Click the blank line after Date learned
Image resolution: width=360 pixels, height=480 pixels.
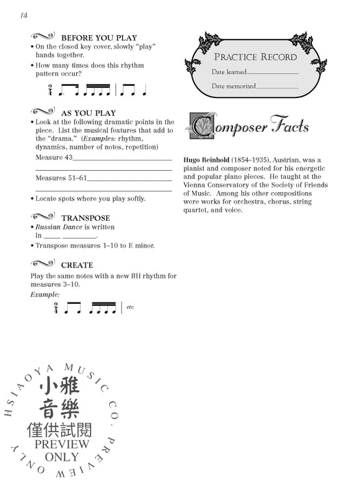click(x=272, y=72)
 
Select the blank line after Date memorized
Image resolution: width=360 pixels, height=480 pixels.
click(x=278, y=87)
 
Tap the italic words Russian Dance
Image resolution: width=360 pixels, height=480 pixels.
click(x=58, y=227)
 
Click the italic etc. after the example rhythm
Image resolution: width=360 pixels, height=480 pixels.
click(x=131, y=307)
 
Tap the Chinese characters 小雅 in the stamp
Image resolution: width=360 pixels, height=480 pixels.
click(x=62, y=386)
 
